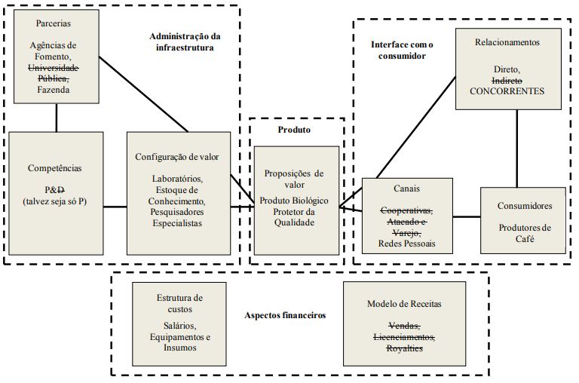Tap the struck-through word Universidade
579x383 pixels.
click(57, 67)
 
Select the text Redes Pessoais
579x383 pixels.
click(407, 244)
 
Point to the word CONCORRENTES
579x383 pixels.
click(507, 90)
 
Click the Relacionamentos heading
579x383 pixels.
click(508, 43)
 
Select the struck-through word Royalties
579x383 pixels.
click(404, 348)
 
